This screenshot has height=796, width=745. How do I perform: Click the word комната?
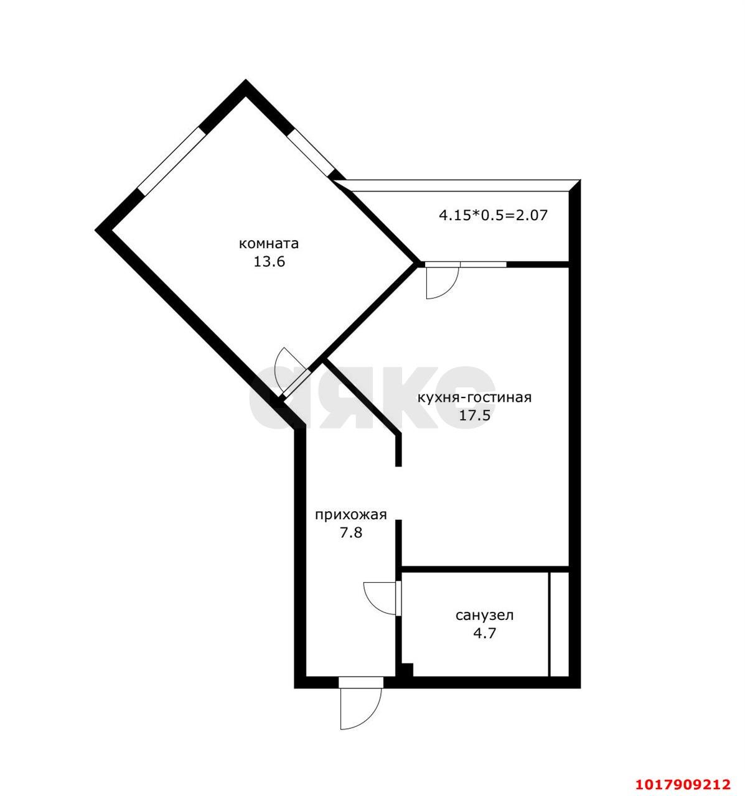tap(268, 244)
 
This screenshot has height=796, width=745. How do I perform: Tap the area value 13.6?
tap(269, 262)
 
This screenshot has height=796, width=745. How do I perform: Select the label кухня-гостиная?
tap(475, 398)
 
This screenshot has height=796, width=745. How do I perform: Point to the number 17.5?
tap(475, 415)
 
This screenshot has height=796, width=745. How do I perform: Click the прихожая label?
tap(350, 515)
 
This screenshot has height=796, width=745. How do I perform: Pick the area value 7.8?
tap(351, 533)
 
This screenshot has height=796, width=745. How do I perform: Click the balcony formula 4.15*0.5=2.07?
tap(494, 216)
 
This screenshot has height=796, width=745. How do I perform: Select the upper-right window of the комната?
tap(311, 152)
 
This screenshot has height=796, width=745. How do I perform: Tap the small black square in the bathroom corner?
tap(407, 670)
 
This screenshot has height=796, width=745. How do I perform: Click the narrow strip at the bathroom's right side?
tap(559, 624)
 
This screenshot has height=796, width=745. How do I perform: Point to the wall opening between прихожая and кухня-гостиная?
tap(398, 493)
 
